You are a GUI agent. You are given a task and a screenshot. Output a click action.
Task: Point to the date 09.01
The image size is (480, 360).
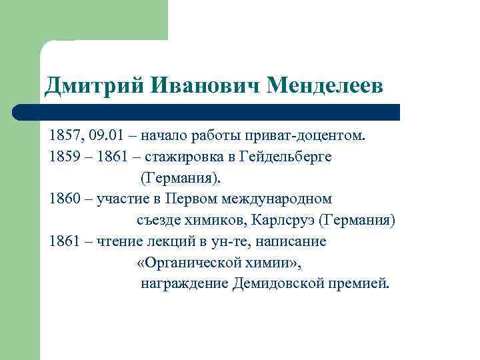[109, 137]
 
